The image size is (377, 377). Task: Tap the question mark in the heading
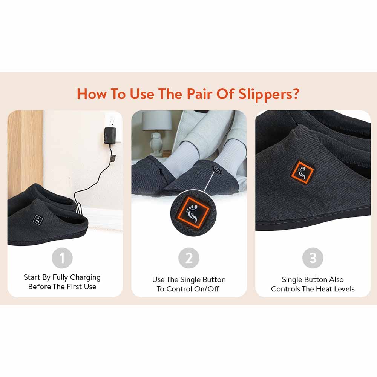click(296, 93)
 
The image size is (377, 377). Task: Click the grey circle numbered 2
click(189, 258)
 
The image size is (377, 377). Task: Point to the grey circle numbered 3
click(313, 258)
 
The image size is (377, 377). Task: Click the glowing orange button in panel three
click(302, 172)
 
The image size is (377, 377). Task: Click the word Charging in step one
click(85, 277)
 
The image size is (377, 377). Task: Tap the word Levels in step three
click(345, 289)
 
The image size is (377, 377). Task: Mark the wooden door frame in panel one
click(25, 158)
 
